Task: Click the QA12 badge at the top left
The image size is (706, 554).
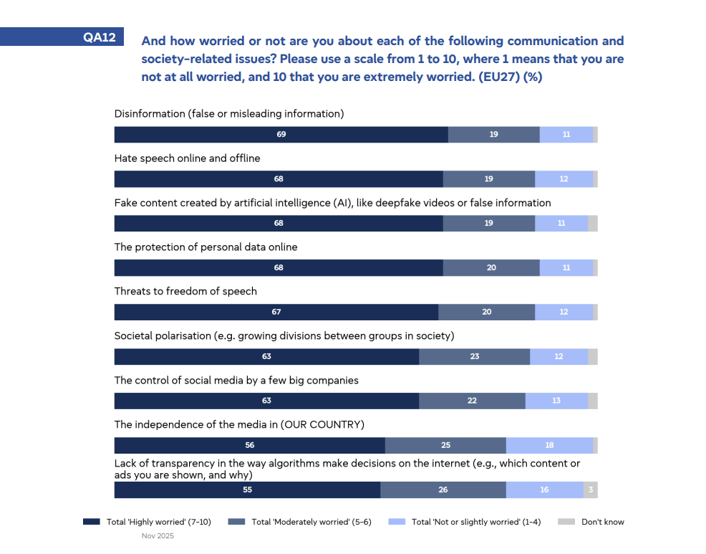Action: [100, 37]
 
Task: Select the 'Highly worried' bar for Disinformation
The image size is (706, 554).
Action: [281, 135]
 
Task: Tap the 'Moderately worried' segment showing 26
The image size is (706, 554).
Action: [443, 489]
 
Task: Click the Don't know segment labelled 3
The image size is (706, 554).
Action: [590, 489]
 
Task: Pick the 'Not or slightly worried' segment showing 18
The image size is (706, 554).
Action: [548, 445]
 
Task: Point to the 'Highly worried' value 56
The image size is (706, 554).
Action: [249, 445]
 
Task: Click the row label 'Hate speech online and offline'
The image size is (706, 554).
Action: [187, 158]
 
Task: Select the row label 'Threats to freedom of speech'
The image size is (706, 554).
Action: [185, 291]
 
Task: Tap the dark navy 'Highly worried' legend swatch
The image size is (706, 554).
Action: [92, 522]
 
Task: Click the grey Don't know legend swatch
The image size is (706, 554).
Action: [566, 522]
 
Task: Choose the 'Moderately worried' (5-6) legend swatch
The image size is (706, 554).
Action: [236, 522]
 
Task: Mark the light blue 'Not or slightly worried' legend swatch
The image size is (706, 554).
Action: [396, 522]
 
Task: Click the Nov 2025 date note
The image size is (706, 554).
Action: [158, 535]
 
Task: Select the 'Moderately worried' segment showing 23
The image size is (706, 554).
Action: [474, 356]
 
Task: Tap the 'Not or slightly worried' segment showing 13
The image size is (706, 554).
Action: [556, 401]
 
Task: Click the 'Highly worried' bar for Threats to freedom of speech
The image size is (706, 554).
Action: [276, 312]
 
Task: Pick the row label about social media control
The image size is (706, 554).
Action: [236, 380]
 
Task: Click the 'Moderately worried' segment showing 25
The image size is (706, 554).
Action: [445, 445]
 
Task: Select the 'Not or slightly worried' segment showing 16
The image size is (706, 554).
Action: [544, 489]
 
